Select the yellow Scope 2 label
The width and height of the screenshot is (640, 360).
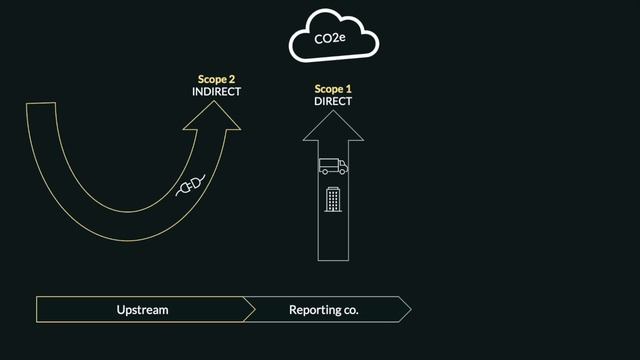(x=216, y=78)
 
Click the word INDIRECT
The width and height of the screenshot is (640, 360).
(x=216, y=91)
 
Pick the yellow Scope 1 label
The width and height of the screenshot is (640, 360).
(x=333, y=89)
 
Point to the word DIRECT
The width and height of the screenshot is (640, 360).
(x=333, y=101)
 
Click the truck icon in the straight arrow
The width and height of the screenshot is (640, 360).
(x=333, y=166)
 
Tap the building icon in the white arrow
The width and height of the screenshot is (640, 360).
(x=333, y=199)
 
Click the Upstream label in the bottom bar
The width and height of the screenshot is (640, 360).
(x=142, y=310)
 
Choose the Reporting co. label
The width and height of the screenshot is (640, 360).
(x=323, y=310)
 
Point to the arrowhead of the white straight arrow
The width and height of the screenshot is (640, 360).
(x=333, y=124)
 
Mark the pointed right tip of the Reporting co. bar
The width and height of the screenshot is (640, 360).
(x=409, y=310)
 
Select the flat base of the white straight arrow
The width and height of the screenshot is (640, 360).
(x=333, y=261)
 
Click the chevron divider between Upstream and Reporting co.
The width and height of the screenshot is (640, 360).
(x=251, y=310)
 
